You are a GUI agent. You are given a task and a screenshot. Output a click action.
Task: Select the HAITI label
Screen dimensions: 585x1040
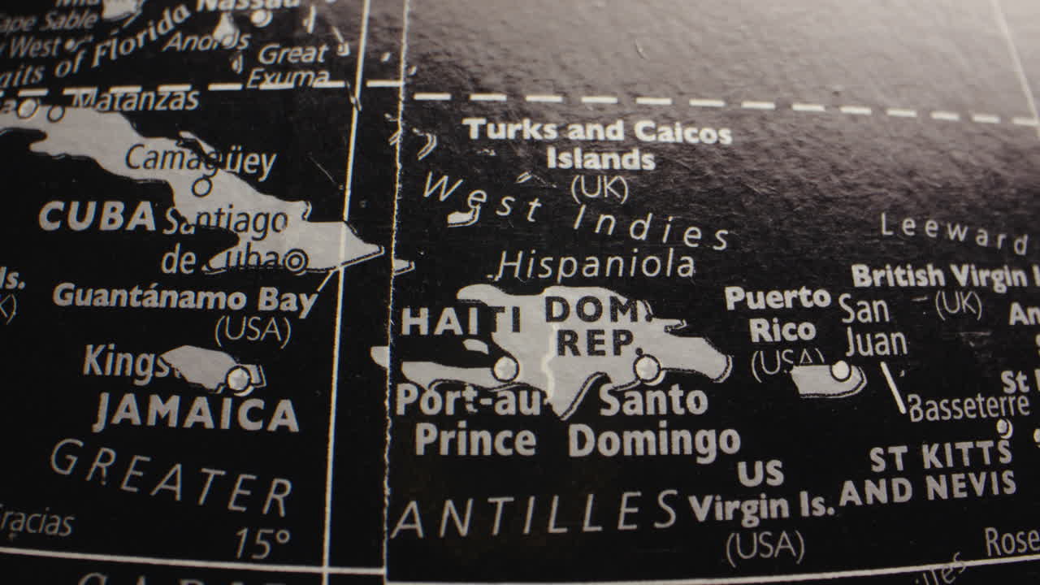click(461, 321)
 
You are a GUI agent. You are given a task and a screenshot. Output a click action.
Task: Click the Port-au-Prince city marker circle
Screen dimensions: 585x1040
click(505, 368)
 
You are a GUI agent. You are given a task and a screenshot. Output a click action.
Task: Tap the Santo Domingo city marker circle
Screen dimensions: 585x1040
click(648, 368)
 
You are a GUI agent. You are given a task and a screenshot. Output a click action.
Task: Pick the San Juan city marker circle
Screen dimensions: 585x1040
click(841, 370)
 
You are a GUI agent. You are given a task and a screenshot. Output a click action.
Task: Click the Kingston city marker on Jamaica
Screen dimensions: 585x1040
click(239, 378)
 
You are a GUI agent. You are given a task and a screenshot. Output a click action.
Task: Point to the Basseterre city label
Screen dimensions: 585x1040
click(968, 405)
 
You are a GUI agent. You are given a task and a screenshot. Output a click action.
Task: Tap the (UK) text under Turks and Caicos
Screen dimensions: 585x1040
click(600, 188)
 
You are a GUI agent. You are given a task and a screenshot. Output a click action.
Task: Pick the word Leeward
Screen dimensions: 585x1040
click(952, 233)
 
